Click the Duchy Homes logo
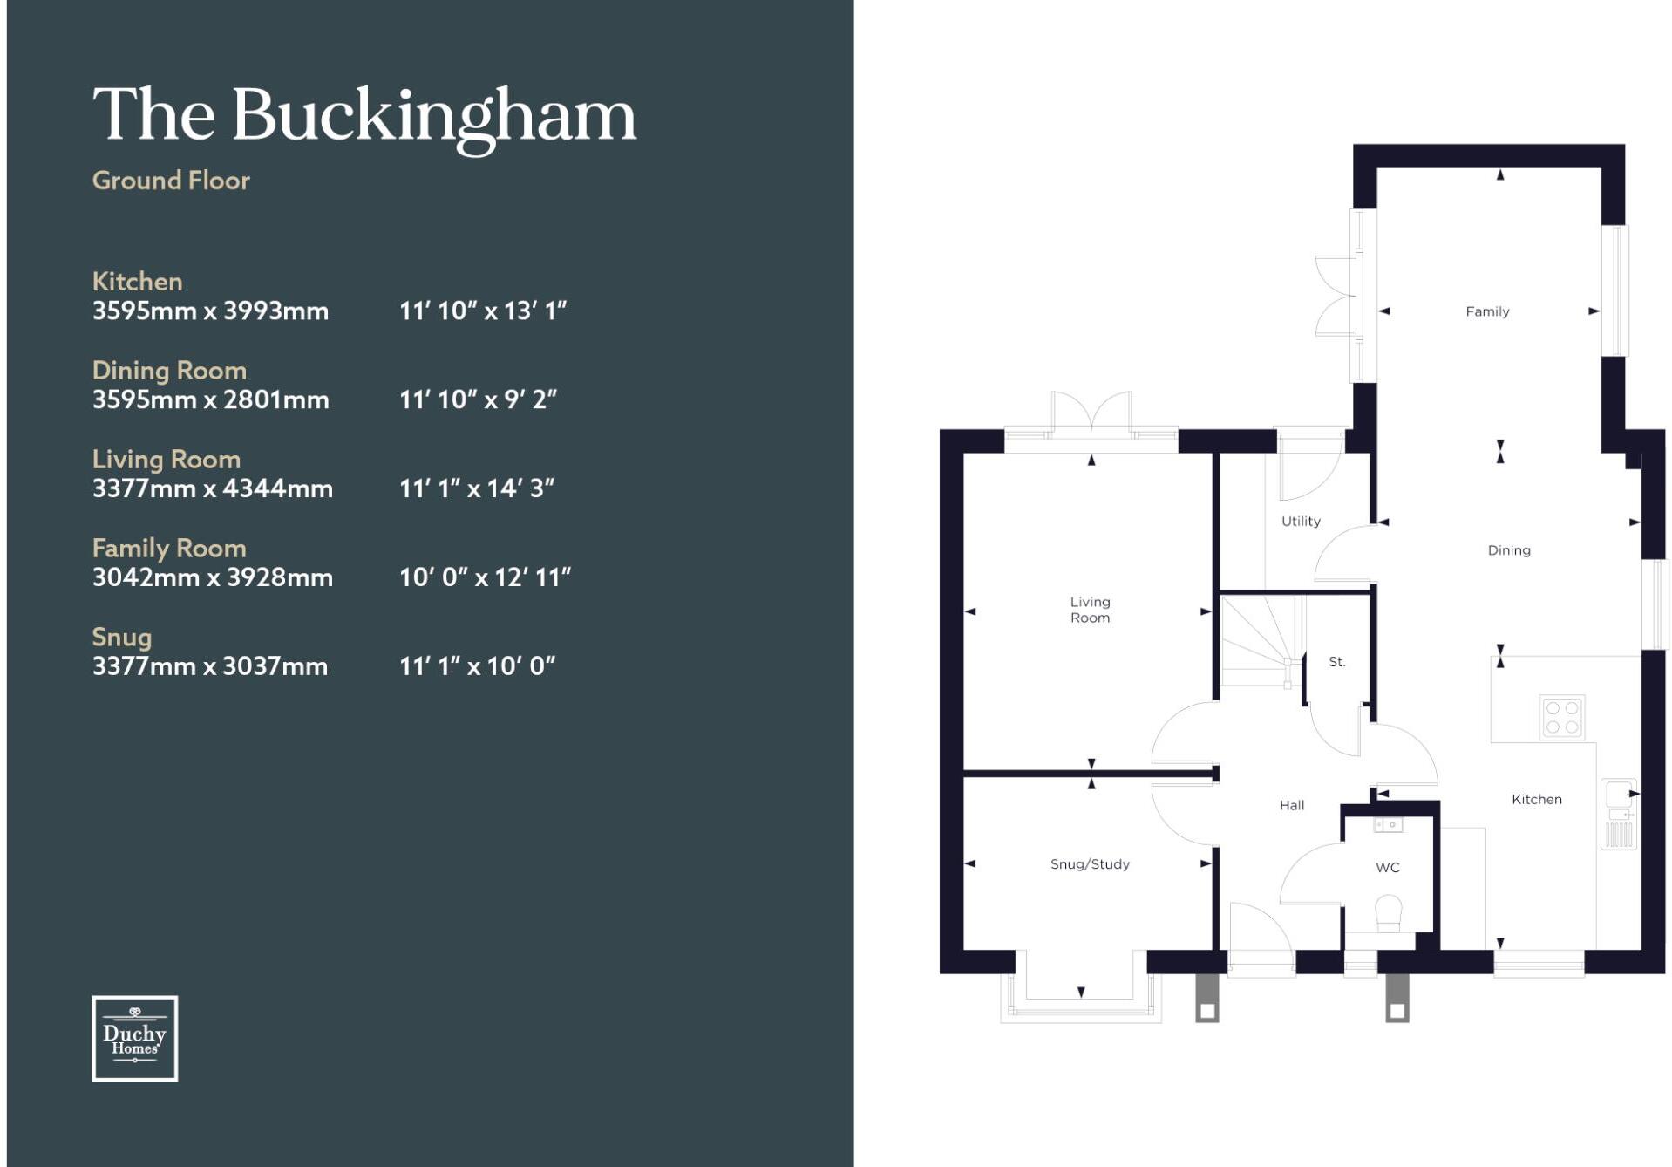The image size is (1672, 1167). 135,1038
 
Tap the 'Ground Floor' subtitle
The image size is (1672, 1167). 171,181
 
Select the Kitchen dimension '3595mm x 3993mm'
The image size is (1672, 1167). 211,311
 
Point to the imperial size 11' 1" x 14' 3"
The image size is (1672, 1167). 477,488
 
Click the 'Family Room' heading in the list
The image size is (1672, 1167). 169,548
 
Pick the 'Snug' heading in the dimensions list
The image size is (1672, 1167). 122,638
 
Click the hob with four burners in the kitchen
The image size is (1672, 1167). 1561,717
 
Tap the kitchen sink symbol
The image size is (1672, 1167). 1619,814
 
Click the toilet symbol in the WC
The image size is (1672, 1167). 1388,914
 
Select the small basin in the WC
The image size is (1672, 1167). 1388,824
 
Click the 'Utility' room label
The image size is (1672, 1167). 1301,522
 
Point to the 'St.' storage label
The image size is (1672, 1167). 1337,662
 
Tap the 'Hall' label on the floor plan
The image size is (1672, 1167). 1292,805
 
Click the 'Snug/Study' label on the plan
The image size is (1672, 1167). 1090,864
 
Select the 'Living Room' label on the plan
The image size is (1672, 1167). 1090,610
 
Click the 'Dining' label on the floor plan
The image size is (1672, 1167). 1509,550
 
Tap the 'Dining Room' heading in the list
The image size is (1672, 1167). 169,371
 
